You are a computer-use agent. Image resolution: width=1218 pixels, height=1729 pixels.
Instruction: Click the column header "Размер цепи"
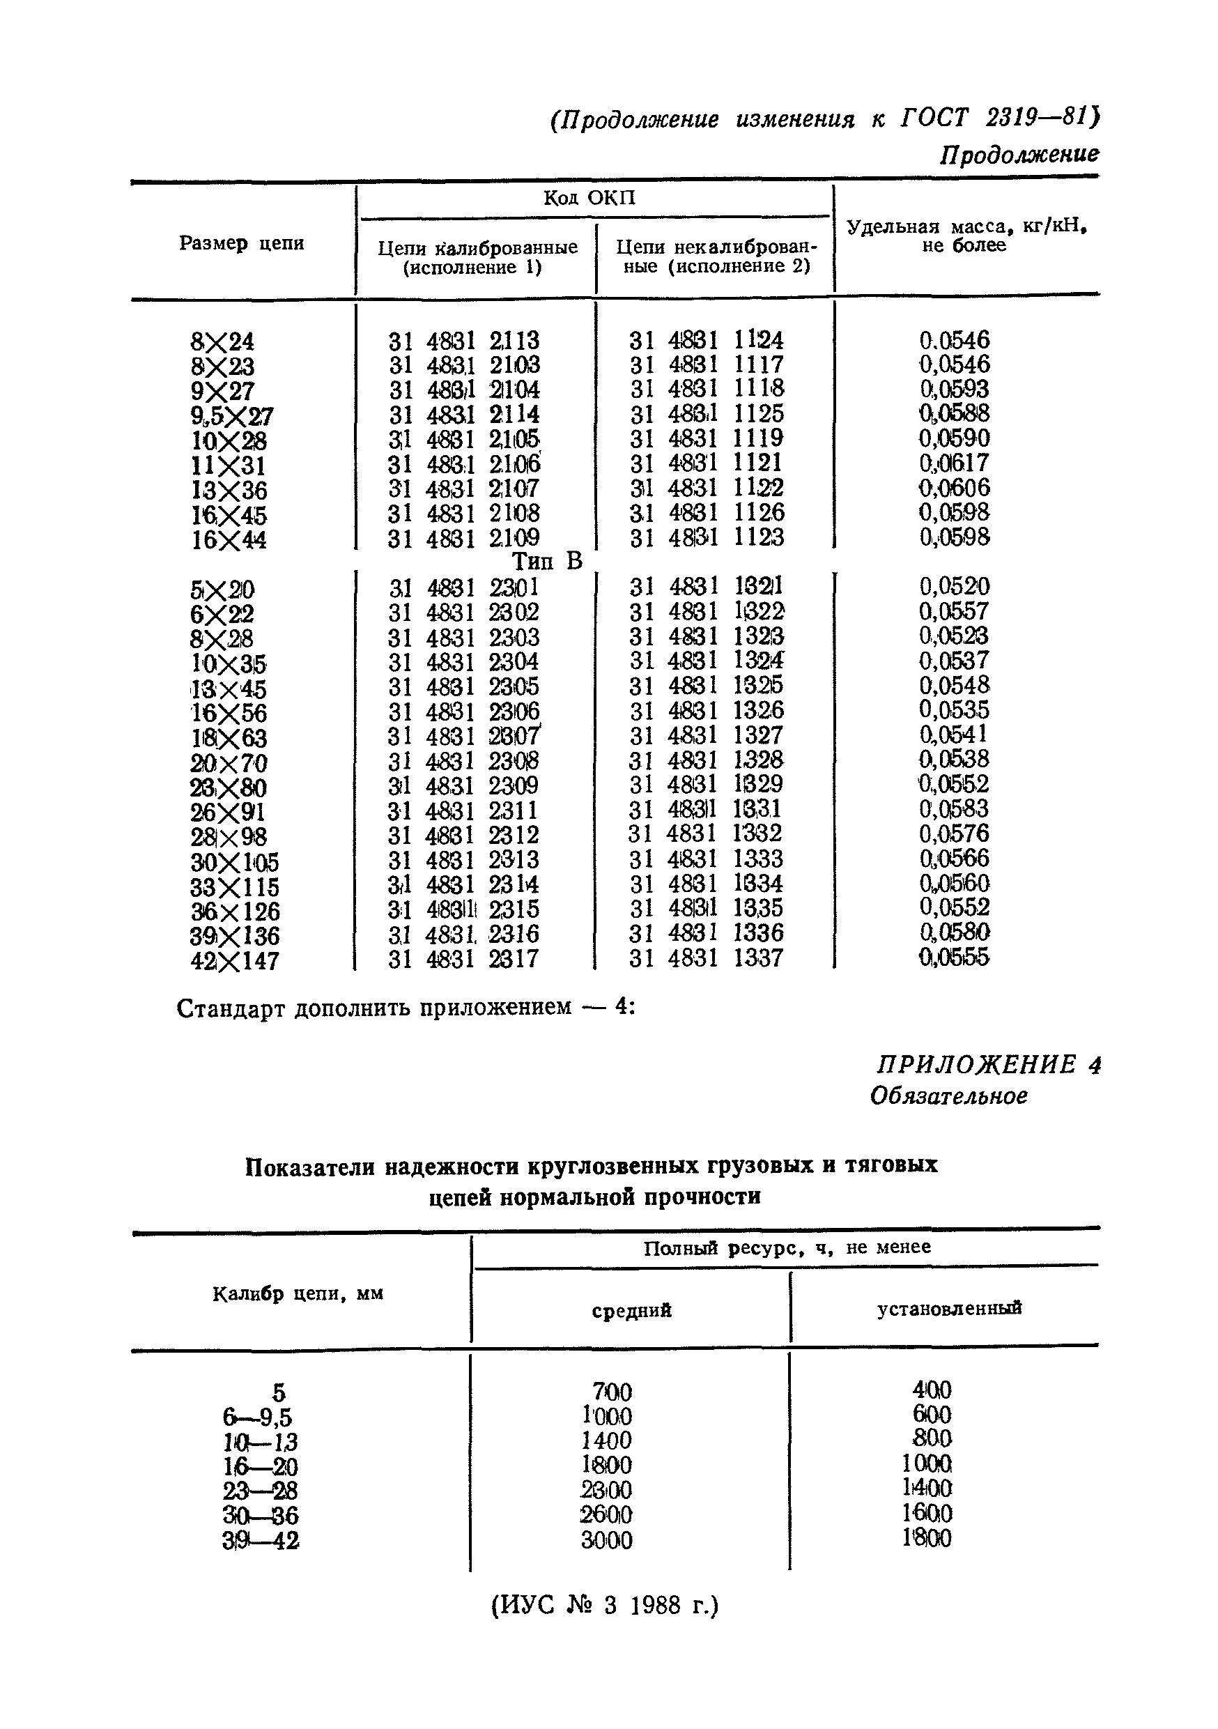[242, 243]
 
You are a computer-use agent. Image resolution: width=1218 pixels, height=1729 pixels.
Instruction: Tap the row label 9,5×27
[232, 415]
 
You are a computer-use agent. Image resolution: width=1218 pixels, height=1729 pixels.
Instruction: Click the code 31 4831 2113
[463, 341]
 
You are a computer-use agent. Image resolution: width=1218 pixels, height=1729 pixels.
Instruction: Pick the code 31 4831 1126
[706, 513]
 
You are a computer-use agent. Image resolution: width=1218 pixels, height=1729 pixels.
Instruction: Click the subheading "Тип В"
[547, 562]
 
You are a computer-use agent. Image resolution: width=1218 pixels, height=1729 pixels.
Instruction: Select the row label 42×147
[234, 962]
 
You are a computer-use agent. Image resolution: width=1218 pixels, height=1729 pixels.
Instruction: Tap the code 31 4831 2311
[463, 811]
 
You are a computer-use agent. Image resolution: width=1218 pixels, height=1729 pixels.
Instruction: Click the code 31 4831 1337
[706, 959]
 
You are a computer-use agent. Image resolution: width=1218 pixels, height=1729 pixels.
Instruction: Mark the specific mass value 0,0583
[954, 810]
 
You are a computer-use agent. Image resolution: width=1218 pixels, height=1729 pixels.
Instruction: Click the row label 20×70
[229, 764]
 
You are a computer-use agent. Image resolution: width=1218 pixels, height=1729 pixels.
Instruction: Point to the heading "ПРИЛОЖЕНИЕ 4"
[988, 1065]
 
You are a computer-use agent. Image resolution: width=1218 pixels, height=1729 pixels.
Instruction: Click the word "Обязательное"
[948, 1096]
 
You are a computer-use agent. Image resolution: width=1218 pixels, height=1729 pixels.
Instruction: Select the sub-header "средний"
[631, 1310]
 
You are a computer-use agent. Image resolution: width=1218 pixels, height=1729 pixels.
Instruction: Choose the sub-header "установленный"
[948, 1308]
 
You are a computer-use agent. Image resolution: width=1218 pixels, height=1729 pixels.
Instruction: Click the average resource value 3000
[606, 1540]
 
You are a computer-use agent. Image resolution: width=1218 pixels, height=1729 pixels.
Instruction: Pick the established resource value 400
[931, 1390]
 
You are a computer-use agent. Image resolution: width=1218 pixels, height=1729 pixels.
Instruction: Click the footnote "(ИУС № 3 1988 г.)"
[605, 1606]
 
